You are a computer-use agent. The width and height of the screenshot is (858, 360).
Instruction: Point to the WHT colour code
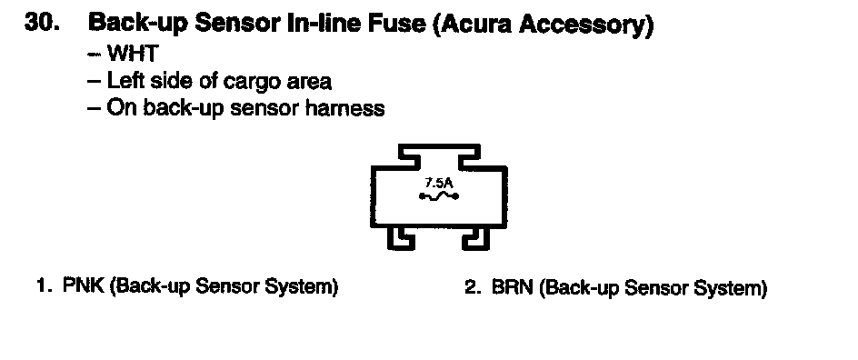click(x=133, y=54)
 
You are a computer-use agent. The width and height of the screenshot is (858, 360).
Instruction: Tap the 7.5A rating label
click(x=439, y=184)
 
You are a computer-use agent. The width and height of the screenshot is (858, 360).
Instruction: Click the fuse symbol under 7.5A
click(x=439, y=196)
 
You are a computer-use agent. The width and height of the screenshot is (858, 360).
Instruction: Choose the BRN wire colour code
click(x=513, y=286)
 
